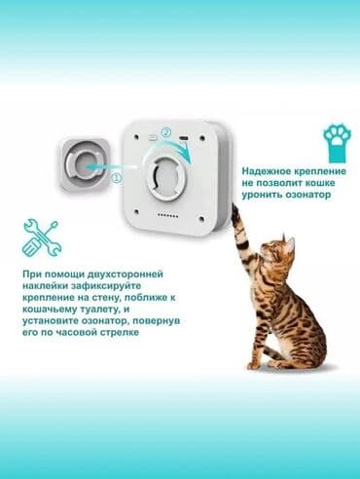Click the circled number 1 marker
[115, 178]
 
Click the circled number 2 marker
[165, 132]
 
